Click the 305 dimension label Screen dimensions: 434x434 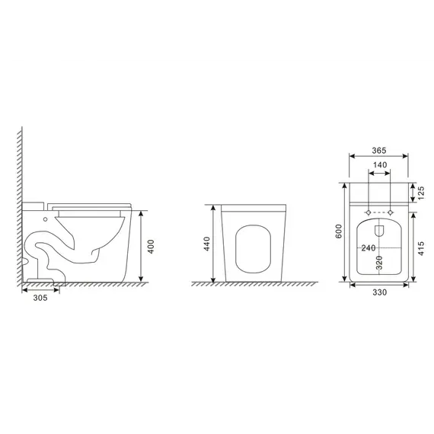(40, 298)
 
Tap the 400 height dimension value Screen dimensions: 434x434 (151, 247)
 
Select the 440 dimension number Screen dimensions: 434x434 (207, 244)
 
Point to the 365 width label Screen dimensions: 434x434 (378, 150)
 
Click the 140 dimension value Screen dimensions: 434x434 (380, 165)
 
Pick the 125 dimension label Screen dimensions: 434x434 (421, 193)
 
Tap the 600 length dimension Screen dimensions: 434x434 (339, 231)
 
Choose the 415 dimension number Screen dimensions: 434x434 (421, 248)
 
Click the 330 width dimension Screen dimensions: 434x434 (379, 292)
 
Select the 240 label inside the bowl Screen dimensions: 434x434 (369, 247)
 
